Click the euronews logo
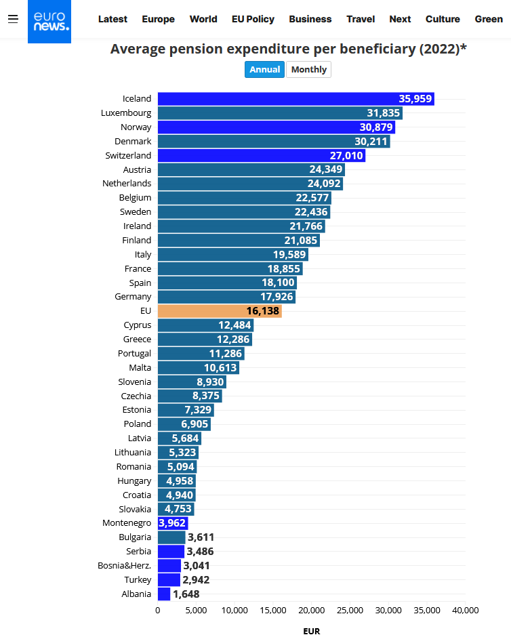[49, 21]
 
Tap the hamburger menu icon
[13, 19]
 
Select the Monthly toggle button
[308, 69]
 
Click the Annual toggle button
[264, 69]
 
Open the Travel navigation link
[361, 19]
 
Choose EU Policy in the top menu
[253, 19]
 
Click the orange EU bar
[219, 311]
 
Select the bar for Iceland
[295, 99]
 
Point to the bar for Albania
[164, 594]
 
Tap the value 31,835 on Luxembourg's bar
[384, 113]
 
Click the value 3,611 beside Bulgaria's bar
[201, 537]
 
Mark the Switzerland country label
[128, 156]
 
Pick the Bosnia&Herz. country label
[125, 566]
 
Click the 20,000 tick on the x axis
[312, 611]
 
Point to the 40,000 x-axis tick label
[465, 611]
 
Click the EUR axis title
[311, 631]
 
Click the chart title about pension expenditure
[288, 49]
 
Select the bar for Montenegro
[172, 523]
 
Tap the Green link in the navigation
[488, 19]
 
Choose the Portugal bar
[201, 354]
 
